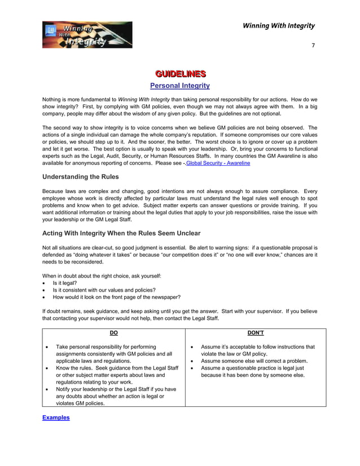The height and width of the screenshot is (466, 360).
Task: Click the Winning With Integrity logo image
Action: click(x=87, y=35)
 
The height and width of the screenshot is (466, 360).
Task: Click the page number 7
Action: click(x=314, y=45)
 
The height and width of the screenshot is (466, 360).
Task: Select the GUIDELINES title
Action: click(x=180, y=74)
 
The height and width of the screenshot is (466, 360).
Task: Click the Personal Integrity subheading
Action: click(x=179, y=86)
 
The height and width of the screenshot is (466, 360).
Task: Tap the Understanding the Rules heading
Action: click(x=81, y=177)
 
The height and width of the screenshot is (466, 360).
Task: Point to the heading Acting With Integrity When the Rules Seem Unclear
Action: click(x=121, y=233)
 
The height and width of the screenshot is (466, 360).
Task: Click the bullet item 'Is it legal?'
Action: click(x=65, y=283)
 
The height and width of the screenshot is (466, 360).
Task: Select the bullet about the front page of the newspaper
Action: click(x=116, y=297)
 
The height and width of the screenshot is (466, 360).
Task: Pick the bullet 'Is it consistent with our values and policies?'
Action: click(x=104, y=290)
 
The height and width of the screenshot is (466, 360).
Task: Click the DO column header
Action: click(x=113, y=333)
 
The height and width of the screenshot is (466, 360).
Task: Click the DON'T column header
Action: click(x=256, y=333)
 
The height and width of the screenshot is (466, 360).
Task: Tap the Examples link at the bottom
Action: click(x=56, y=417)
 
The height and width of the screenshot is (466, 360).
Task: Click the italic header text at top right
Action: click(x=278, y=25)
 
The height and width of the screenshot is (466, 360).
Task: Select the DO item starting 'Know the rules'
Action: click(x=117, y=375)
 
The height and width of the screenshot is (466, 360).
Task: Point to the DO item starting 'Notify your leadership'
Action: click(x=116, y=396)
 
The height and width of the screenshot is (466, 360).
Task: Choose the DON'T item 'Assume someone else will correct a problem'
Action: click(x=254, y=361)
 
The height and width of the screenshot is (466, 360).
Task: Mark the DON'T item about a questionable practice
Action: click(x=253, y=371)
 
